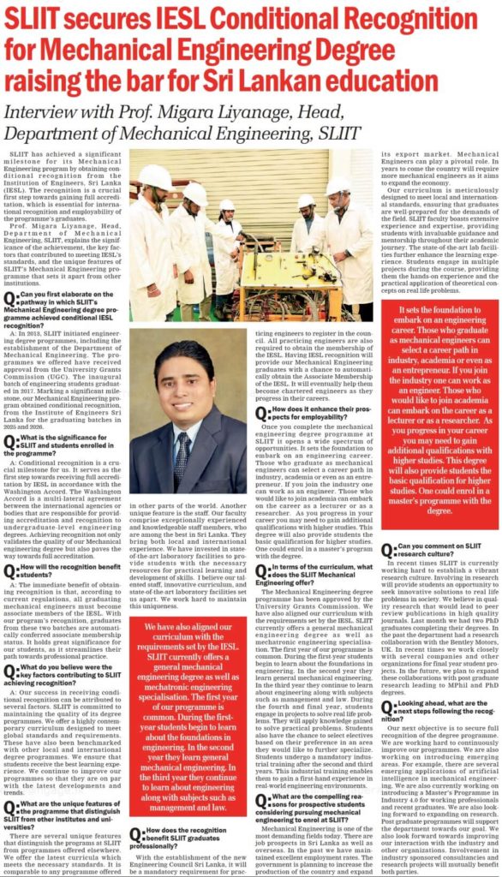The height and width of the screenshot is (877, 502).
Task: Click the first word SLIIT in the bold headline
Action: tap(33, 16)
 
